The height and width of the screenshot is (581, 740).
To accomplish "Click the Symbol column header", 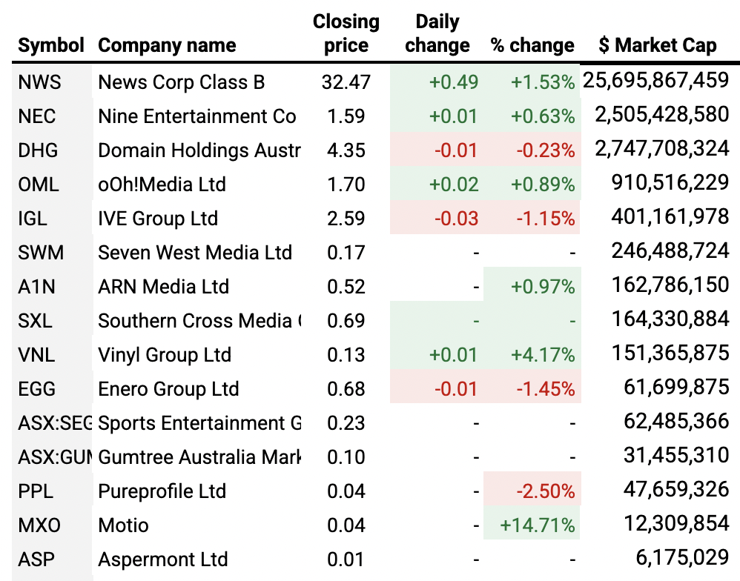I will point(51,45).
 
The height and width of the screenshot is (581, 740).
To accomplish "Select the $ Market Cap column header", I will point(657,45).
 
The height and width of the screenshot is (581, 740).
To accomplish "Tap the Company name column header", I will point(167,45).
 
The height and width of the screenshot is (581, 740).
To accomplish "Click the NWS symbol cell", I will point(39,82).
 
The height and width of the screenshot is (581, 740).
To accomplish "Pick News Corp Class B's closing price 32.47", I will point(346,82).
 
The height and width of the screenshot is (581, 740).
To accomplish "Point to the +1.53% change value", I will point(542,82).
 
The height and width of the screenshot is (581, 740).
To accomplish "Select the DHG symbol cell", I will point(39,150).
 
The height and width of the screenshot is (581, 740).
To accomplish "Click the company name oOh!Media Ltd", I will point(162,184).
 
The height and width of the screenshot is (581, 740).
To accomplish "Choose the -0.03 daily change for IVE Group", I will point(457,219).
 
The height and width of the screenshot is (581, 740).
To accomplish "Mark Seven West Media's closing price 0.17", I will point(347,252).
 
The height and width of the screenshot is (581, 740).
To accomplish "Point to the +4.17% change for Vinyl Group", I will point(542,355).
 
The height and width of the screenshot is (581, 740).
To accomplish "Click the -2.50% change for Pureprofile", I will point(546,491).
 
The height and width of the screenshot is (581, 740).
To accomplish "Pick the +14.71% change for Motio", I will point(538,525).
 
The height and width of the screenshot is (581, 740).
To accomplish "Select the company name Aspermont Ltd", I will point(162,559).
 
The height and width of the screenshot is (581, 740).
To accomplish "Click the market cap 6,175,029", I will point(683,559).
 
